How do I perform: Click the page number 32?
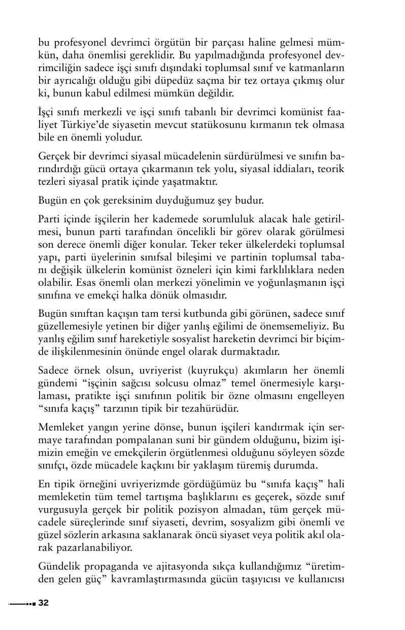tap(43, 603)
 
